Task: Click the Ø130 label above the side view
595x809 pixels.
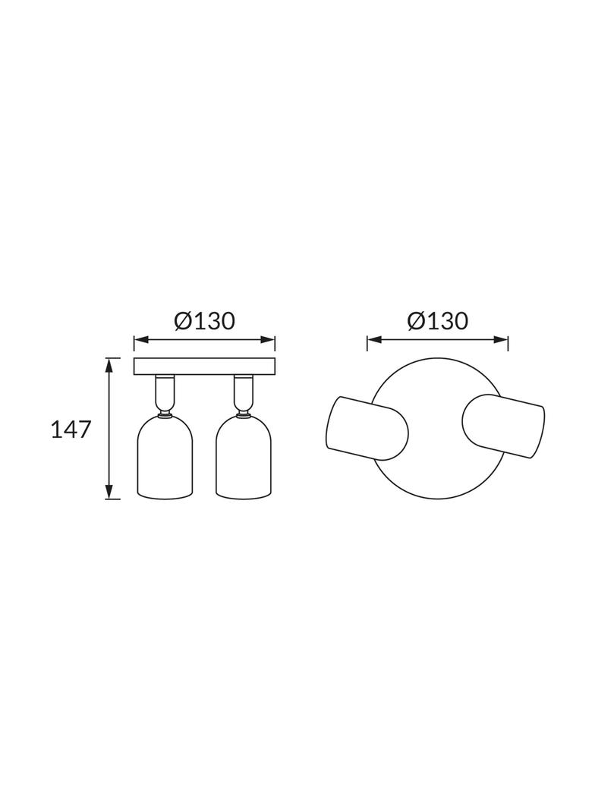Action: (x=204, y=321)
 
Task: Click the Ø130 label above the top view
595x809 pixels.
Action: (x=438, y=321)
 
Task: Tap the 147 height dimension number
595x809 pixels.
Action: (x=71, y=430)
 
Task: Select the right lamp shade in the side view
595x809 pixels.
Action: (x=244, y=455)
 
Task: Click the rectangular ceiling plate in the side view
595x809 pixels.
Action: (x=204, y=367)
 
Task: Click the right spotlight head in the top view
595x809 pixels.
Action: (x=504, y=427)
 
